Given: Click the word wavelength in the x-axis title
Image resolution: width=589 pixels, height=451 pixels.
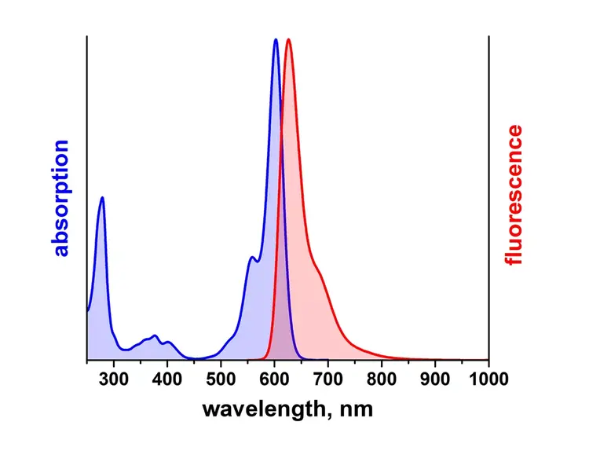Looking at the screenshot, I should (x=262, y=409).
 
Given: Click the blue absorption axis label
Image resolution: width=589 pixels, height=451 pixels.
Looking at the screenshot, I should (x=61, y=199).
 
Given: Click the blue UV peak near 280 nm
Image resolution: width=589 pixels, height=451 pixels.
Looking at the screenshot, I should (x=102, y=198).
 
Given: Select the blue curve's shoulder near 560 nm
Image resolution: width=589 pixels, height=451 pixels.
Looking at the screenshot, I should (x=251, y=258).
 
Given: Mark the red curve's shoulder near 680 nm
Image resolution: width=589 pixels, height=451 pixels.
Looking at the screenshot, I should (x=317, y=271).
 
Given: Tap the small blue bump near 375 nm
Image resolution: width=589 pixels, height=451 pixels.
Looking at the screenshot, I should (x=155, y=335).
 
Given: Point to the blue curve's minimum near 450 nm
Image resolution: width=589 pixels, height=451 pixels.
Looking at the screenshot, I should (x=196, y=358).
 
